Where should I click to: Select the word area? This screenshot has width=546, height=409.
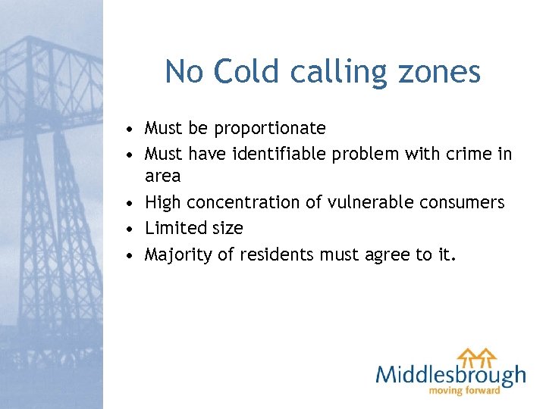pyautogui.click(x=162, y=177)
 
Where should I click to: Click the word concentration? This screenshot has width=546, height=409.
pyautogui.click(x=265, y=203)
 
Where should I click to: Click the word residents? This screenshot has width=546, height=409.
pyautogui.click(x=277, y=254)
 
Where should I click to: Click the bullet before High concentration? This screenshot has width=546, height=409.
pyautogui.click(x=131, y=203)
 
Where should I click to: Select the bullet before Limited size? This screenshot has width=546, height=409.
pyautogui.click(x=131, y=228)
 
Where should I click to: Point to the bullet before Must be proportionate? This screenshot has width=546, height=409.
pyautogui.click(x=131, y=128)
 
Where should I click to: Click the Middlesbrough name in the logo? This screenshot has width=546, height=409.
pyautogui.click(x=450, y=374)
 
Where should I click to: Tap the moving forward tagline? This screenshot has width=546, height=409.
pyautogui.click(x=465, y=391)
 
